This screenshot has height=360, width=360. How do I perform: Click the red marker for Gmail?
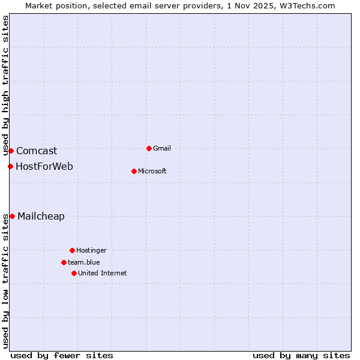coord(149,148)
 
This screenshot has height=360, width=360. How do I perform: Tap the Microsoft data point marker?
coord(134,171)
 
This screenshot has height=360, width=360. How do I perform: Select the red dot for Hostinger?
coord(72,250)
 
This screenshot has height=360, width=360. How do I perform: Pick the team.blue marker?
coord(64,262)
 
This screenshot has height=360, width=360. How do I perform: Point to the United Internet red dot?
coord(74,273)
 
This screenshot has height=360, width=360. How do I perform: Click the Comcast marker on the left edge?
coord(11,151)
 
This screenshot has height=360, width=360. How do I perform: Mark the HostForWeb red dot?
coord(10,166)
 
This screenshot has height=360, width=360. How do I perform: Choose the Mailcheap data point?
coord(12,216)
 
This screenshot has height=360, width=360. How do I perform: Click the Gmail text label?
coord(162,148)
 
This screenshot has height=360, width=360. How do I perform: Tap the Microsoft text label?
coord(152,171)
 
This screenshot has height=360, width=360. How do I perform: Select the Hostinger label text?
coord(91,250)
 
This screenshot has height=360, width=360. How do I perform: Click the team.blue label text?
coord(83,262)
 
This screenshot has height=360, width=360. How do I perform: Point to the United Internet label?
coord(102,273)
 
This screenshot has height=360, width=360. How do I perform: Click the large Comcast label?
coord(37,151)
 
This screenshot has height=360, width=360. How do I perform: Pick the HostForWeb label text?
coord(44,166)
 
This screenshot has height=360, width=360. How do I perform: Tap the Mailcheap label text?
coord(41,217)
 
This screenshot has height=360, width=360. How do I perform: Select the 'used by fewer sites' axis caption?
coord(62,355)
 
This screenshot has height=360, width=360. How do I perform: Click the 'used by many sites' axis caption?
coord(301,355)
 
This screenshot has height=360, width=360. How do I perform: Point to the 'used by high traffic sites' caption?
coord(5,85)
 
